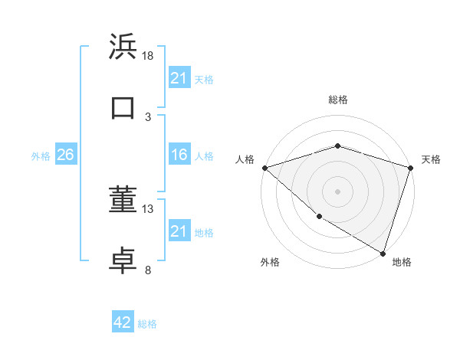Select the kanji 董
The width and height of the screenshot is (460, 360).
[123, 201]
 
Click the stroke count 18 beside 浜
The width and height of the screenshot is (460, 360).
[148, 56]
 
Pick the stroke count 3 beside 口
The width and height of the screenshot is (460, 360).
[148, 116]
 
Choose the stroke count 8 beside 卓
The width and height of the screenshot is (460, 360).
[148, 270]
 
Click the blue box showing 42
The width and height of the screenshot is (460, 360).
[123, 322]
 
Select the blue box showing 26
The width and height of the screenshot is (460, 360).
[65, 155]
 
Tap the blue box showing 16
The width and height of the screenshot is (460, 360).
[179, 155]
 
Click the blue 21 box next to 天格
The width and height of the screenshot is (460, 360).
[179, 77]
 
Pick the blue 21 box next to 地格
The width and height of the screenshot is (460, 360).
[179, 231]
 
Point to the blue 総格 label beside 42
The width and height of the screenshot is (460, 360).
[147, 324]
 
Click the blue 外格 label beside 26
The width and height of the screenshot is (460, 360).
[41, 155]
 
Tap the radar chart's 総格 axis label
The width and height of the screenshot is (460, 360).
[338, 100]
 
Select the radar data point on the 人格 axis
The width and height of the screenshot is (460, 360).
[264, 168]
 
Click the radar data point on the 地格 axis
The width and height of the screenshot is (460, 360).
[383, 252]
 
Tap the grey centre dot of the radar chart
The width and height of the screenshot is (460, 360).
[337, 191]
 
